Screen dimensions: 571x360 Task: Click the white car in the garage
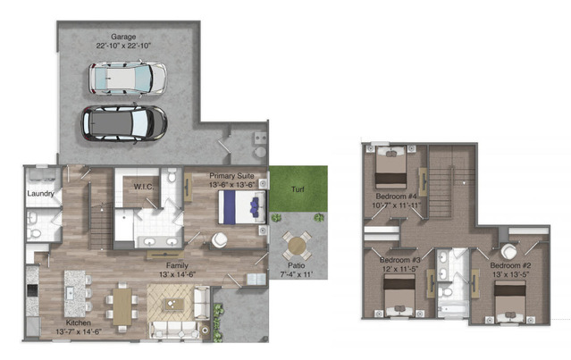point(128,79)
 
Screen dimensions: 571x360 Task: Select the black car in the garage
point(124,123)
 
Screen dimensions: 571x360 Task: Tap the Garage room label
point(123,37)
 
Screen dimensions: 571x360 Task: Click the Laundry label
point(40,193)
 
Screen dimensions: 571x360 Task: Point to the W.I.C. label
point(144,187)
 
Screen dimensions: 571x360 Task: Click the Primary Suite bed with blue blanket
point(242,207)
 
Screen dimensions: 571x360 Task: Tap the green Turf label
point(298,189)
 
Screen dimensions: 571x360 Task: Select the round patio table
point(297,247)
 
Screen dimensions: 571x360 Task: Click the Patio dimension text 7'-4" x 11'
point(296,274)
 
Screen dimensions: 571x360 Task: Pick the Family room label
point(177,265)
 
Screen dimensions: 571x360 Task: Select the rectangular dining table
point(122,306)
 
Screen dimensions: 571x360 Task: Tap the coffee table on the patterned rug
point(174,304)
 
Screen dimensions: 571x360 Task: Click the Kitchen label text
point(79,322)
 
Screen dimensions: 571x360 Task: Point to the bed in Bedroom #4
point(390,167)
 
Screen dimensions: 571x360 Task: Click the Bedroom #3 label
point(399,260)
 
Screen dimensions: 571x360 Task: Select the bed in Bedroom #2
point(510,301)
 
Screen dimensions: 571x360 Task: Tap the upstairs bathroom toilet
point(445,291)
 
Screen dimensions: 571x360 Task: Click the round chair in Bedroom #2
point(508,252)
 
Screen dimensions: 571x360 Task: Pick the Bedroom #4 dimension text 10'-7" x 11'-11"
point(396,205)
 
